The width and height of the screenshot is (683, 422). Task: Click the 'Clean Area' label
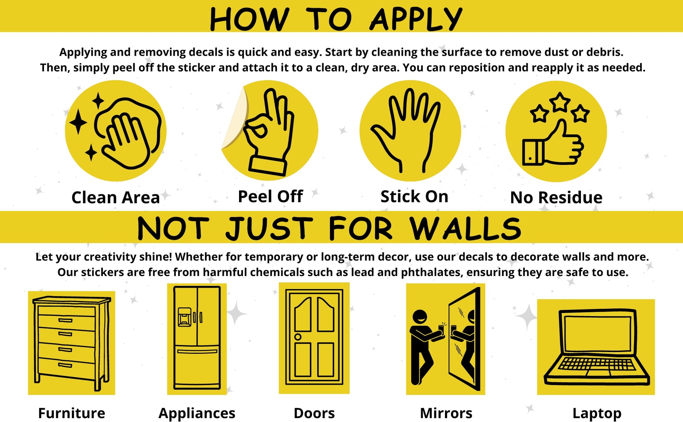tap(116, 198)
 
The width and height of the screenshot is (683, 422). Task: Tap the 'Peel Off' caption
tap(270, 196)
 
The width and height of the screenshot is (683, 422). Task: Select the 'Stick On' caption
tap(414, 196)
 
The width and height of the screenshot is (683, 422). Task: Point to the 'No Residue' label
tap(556, 198)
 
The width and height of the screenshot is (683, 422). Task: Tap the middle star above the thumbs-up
tap(560, 102)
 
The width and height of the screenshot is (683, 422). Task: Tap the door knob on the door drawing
tap(298, 337)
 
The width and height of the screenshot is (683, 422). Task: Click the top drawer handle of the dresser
tap(65, 320)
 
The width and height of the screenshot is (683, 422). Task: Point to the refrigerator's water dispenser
tap(184, 317)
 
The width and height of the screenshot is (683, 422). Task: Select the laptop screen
tap(597, 332)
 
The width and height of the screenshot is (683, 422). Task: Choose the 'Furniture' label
tap(72, 413)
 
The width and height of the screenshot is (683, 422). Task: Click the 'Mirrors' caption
tap(446, 413)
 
